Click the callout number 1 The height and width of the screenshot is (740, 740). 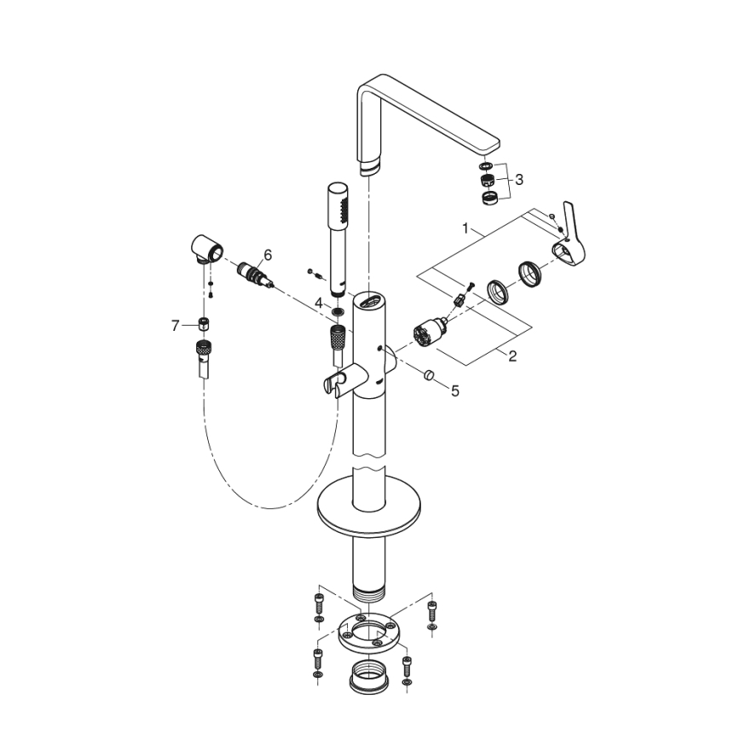pos(465,228)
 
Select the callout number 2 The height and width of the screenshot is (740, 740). pos(512,356)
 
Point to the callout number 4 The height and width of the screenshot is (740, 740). pos(318,303)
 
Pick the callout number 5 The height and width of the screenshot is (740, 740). pos(455,391)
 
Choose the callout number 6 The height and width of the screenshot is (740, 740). pos(267,254)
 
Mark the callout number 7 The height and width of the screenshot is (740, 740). pos(176,325)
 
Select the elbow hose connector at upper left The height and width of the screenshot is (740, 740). pos(207,248)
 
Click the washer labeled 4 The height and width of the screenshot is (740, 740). pos(338,314)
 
